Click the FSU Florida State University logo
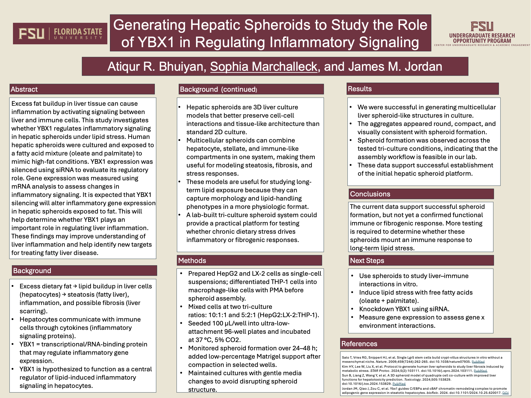(x=60, y=34)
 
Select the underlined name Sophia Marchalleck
(x=264, y=67)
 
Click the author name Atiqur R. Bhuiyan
(x=157, y=67)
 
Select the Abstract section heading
(x=24, y=89)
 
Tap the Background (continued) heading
(x=218, y=89)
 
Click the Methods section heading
(x=192, y=261)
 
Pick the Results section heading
(x=360, y=89)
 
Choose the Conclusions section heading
(x=370, y=194)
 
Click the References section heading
(x=359, y=344)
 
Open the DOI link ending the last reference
(x=505, y=393)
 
